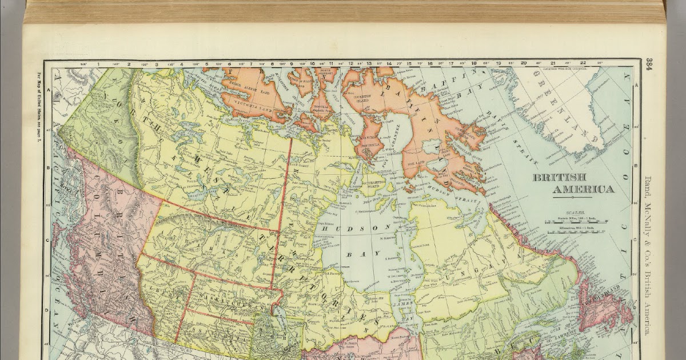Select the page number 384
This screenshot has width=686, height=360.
651,68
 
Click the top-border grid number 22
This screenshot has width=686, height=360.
583,63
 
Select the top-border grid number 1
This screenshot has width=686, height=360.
98,63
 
